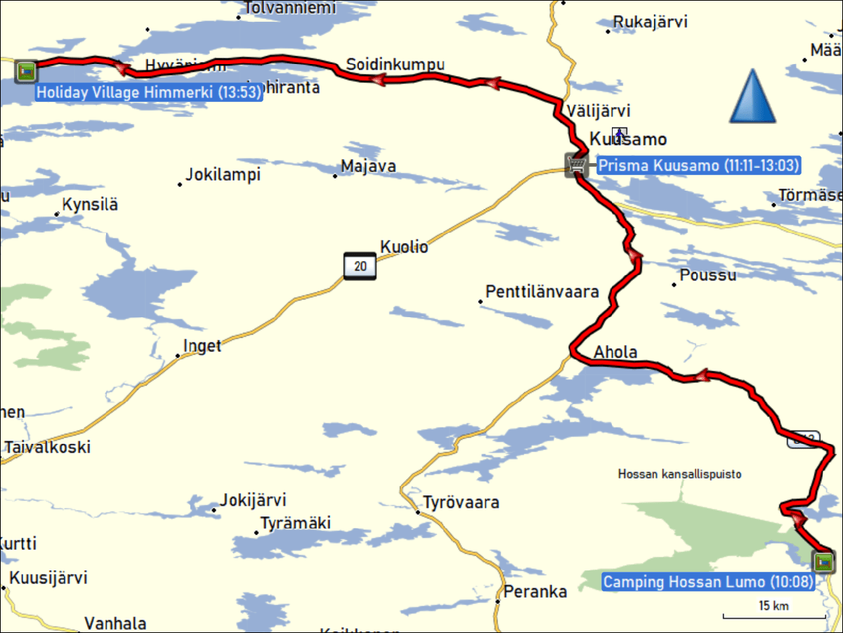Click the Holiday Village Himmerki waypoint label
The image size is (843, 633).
click(x=149, y=92)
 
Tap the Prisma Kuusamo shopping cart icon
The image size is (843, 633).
click(x=576, y=165)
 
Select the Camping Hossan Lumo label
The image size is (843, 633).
click(x=708, y=582)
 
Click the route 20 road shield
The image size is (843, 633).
click(x=360, y=266)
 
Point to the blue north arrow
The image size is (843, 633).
click(x=752, y=96)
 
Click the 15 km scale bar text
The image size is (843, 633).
click(x=773, y=606)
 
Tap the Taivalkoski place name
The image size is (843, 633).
click(x=48, y=447)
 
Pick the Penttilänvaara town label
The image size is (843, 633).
click(x=542, y=291)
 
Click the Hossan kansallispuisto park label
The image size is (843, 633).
click(x=679, y=474)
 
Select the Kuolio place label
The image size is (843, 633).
click(x=404, y=247)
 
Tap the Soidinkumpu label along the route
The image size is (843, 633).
click(x=395, y=65)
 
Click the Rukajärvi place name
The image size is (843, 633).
click(x=650, y=22)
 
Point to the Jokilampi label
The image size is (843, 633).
click(x=223, y=174)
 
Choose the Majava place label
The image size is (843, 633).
click(x=368, y=167)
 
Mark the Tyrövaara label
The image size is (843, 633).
click(x=461, y=502)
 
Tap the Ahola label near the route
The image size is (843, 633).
click(x=615, y=352)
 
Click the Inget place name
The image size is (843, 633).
click(x=202, y=345)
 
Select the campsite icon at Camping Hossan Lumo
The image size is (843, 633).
click(x=823, y=561)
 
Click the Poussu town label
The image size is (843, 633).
click(x=708, y=274)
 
